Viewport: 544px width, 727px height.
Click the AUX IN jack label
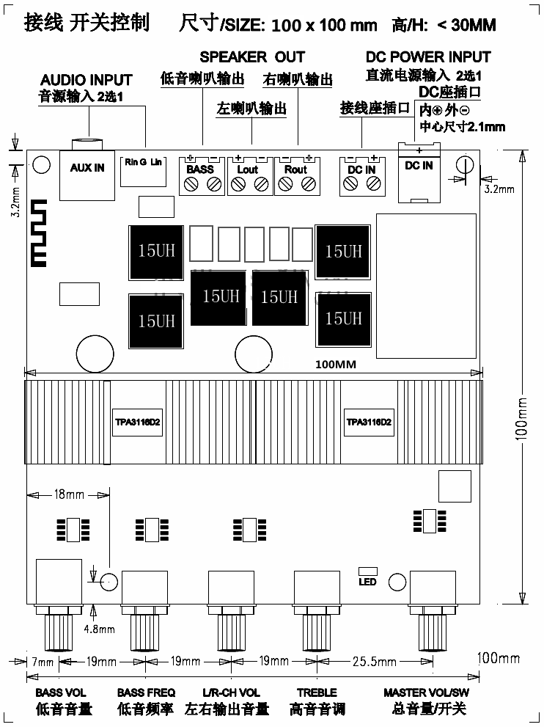(x=87, y=168)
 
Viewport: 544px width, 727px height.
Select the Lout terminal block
(x=248, y=177)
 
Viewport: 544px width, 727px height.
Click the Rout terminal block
(x=295, y=177)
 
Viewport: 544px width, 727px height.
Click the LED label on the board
(x=367, y=582)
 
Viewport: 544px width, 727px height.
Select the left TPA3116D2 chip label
(x=138, y=423)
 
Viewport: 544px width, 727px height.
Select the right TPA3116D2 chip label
(x=370, y=423)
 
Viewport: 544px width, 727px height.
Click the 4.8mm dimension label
(x=99, y=628)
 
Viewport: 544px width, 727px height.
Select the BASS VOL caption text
(x=61, y=693)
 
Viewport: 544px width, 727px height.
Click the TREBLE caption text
(x=317, y=693)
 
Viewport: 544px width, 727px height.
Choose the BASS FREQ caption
(x=146, y=693)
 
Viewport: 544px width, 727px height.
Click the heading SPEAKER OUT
(x=252, y=56)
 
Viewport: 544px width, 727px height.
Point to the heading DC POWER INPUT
(x=428, y=56)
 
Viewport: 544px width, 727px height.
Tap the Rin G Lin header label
(x=143, y=161)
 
